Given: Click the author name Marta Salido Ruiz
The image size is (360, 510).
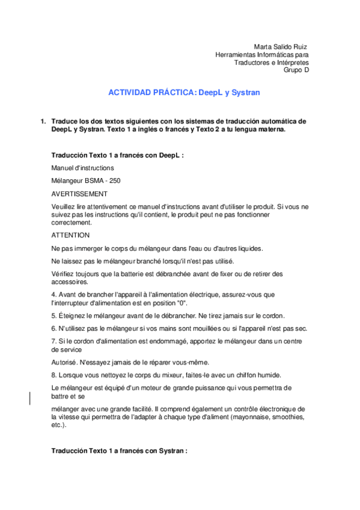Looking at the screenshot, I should click(x=281, y=46).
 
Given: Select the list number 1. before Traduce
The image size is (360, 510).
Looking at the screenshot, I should click(x=43, y=121).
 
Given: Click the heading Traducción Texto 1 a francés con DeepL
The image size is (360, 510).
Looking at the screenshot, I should click(x=117, y=155).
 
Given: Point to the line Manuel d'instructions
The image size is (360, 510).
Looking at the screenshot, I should click(x=82, y=168).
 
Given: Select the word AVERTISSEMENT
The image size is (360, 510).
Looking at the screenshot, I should click(x=79, y=194).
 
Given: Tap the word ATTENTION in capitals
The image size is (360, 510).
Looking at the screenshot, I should click(x=70, y=235).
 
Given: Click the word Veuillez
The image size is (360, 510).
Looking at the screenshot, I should click(x=64, y=206).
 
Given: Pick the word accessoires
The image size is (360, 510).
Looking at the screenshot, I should click(x=70, y=281).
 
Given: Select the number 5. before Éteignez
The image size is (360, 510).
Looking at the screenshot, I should click(x=54, y=316).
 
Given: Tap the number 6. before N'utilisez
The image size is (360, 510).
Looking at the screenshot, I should click(x=54, y=328).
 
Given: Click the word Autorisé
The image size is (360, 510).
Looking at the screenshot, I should click(x=64, y=361).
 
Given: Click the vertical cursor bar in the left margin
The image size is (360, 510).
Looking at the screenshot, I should click(x=31, y=399).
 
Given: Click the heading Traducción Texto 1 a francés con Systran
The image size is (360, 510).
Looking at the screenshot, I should click(x=120, y=450).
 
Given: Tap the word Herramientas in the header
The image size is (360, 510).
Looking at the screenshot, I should click(x=234, y=54).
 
